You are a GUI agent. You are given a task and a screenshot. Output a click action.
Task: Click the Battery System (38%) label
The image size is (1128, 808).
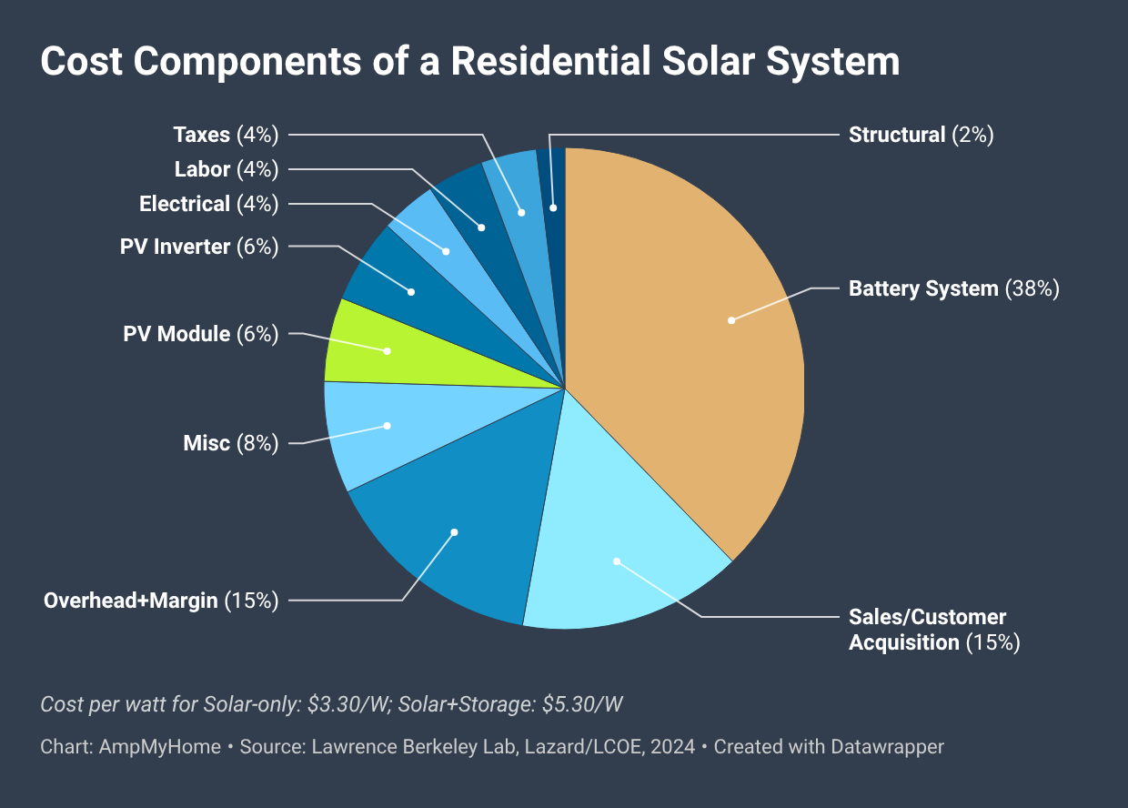coord(953,288)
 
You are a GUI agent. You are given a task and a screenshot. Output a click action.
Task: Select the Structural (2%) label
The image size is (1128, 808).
coord(921,135)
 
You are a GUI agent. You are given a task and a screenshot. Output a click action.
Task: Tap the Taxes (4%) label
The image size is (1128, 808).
coord(225,135)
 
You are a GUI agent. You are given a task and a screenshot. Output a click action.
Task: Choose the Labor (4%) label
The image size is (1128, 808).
coord(226,169)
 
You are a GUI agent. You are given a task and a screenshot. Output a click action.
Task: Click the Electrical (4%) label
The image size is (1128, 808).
coord(208,204)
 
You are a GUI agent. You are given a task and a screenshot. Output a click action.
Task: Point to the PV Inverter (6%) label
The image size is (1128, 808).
coord(198,247)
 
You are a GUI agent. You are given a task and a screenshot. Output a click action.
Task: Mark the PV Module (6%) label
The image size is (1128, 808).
coord(200,334)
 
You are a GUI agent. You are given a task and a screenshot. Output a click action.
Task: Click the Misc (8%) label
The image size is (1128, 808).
coord(230,443)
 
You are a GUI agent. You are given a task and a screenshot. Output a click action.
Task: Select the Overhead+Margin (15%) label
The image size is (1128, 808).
coord(160,600)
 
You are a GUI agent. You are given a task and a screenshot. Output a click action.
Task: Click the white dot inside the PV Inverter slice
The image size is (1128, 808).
coord(411,292)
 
